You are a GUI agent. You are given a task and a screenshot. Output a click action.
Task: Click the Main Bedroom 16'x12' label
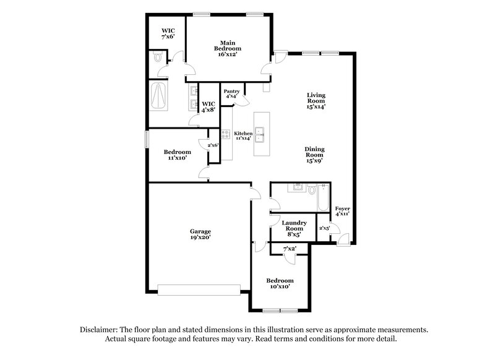[x=228, y=48]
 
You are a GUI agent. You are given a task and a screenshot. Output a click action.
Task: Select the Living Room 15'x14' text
[x=316, y=101]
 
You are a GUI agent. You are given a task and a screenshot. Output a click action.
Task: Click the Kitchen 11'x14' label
[x=243, y=136]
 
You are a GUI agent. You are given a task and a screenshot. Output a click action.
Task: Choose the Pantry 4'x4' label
[x=232, y=93]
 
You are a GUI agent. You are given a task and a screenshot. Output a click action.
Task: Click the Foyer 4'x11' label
[x=342, y=210]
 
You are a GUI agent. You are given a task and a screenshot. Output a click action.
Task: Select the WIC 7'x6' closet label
[x=168, y=33]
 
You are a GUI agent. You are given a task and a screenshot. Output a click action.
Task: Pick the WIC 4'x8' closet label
[x=209, y=107]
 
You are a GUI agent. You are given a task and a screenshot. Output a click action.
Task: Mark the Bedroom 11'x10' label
[x=177, y=155]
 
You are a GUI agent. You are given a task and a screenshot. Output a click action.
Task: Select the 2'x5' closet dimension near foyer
[x=324, y=228]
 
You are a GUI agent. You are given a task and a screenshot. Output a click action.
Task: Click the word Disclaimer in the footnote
[x=101, y=330]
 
